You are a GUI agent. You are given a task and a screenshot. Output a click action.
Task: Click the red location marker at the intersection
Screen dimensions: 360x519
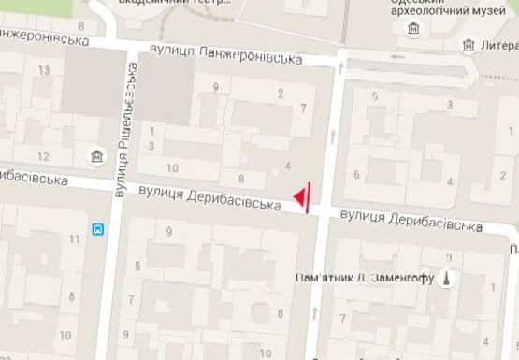(x=302, y=196)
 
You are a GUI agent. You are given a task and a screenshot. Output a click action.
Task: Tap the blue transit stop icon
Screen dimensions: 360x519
(x=97, y=227)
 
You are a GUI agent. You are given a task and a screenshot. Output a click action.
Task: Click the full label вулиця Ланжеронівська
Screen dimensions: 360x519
(x=225, y=55)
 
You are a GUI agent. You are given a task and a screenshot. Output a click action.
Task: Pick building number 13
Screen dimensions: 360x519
(x=43, y=71)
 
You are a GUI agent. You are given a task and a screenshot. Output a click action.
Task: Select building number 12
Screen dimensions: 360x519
(x=43, y=155)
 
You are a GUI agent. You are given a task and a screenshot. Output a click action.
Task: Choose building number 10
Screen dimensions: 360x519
(x=172, y=167)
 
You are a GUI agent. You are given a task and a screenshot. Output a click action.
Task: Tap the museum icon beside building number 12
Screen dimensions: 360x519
(x=96, y=155)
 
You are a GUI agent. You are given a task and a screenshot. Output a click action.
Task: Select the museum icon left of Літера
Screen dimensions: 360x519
(x=468, y=45)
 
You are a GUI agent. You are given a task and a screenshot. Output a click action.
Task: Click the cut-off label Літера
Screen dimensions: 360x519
(x=500, y=45)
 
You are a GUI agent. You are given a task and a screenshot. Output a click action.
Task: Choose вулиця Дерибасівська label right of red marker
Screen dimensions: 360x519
(x=411, y=221)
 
